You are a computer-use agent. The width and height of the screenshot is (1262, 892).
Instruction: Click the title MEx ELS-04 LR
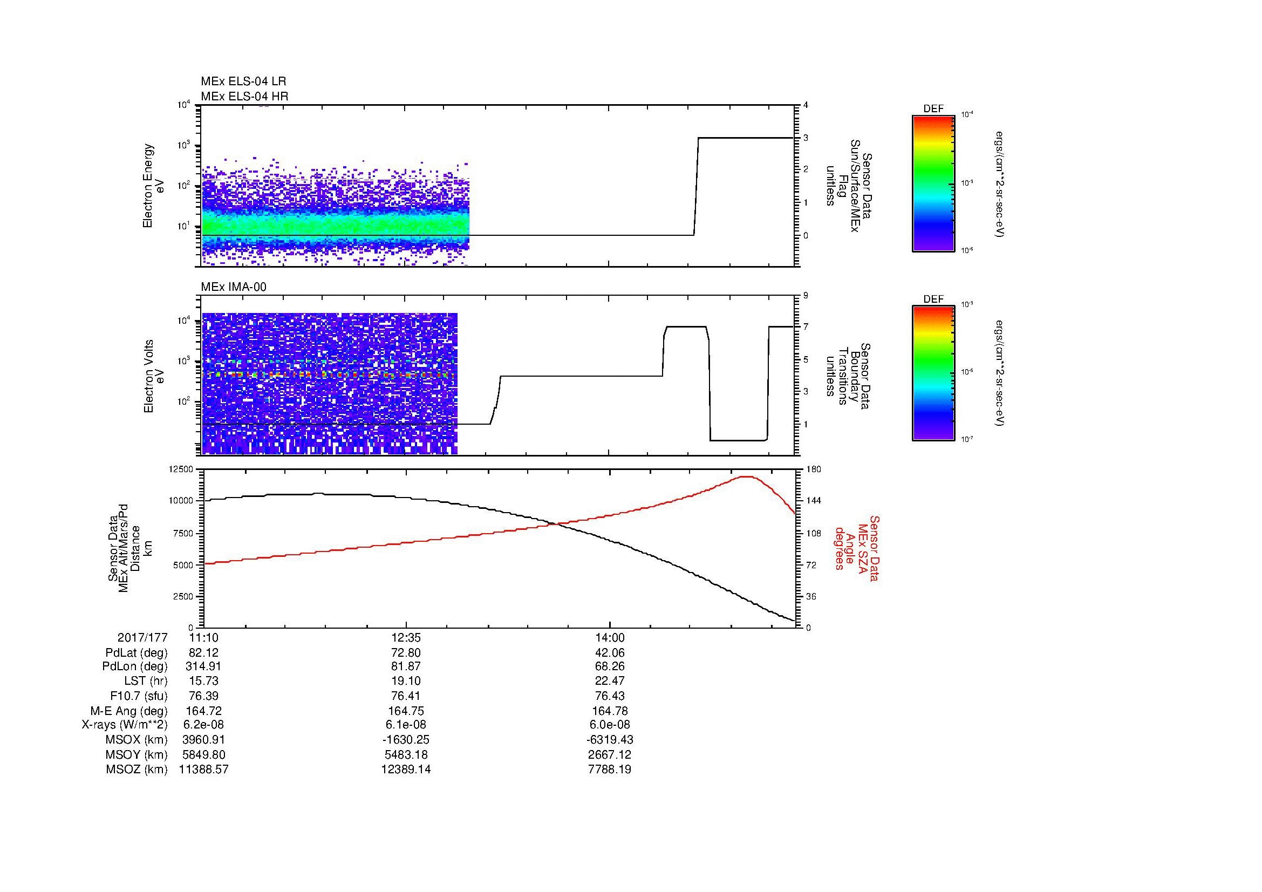(x=243, y=81)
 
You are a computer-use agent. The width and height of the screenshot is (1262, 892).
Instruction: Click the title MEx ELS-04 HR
(x=244, y=96)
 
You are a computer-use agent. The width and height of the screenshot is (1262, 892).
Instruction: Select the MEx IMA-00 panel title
(x=233, y=287)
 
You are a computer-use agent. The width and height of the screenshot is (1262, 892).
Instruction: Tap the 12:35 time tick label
(x=406, y=637)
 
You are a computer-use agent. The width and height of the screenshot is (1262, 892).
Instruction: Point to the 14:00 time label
(x=610, y=637)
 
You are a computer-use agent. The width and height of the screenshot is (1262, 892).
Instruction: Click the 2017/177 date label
(x=142, y=637)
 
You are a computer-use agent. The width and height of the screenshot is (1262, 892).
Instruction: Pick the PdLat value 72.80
(x=406, y=653)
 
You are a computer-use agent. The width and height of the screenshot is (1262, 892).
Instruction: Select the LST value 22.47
(x=610, y=680)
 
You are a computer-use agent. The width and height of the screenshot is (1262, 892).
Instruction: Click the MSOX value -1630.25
(x=406, y=740)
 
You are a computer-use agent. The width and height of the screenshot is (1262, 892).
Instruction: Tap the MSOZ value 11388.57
(x=203, y=770)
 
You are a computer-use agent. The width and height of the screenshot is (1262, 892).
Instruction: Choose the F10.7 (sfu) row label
(x=139, y=696)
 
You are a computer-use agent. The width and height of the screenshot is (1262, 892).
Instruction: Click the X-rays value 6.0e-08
(x=610, y=725)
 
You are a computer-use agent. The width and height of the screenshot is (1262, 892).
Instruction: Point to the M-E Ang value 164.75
(x=406, y=711)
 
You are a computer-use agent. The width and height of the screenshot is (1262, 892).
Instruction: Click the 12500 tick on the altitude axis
(x=182, y=469)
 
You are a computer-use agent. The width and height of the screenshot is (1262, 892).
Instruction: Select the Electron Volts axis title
(x=148, y=376)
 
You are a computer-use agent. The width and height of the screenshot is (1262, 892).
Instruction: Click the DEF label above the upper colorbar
(x=933, y=109)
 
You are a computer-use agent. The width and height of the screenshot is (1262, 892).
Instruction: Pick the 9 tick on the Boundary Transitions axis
(x=806, y=296)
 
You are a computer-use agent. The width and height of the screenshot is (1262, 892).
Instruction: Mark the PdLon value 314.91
(x=203, y=666)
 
